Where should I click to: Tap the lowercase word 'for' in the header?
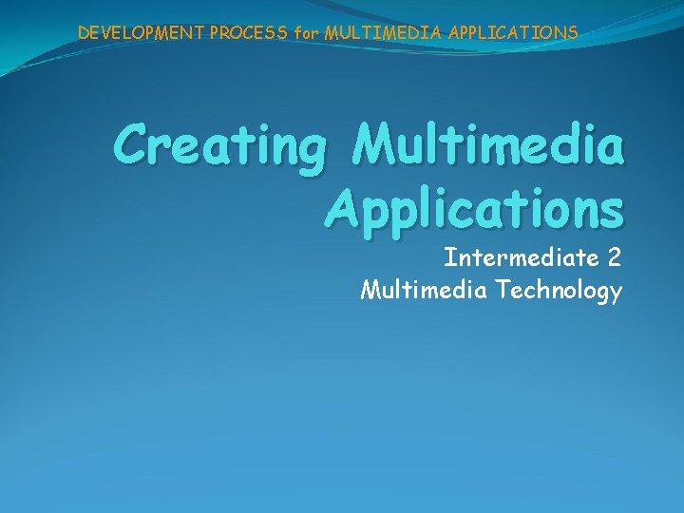(307, 33)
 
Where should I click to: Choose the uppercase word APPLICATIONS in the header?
(503, 32)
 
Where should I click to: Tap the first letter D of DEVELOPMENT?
(84, 32)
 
